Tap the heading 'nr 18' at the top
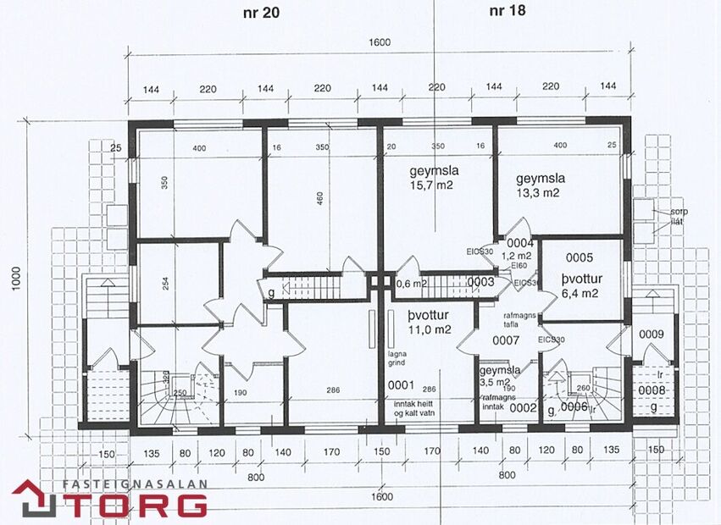point(507,11)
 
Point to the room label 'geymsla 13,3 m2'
point(540,185)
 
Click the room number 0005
point(580,257)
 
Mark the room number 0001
point(401,385)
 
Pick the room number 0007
point(506,340)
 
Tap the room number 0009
point(652,334)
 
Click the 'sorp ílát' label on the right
point(678,216)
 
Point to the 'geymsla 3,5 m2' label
point(500,376)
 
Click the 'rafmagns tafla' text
point(506,319)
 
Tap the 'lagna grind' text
point(398,356)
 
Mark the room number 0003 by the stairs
point(480,282)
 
